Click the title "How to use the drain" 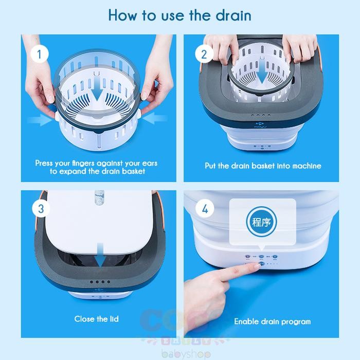pyautogui.click(x=179, y=15)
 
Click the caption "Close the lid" pyautogui.click(x=96, y=319)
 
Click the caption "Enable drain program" pyautogui.click(x=273, y=321)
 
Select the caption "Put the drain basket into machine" pyautogui.click(x=263, y=166)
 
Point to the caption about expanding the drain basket pyautogui.click(x=96, y=167)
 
